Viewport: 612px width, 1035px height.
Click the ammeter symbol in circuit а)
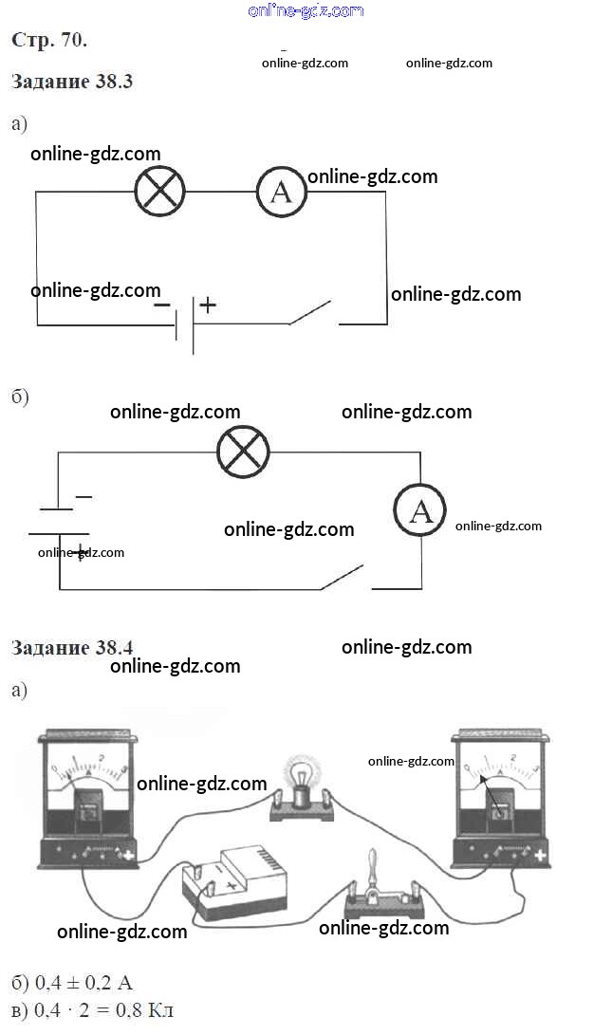coord(282,192)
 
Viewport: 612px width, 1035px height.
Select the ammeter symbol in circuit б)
coord(420,512)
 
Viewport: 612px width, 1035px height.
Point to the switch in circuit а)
coord(311,314)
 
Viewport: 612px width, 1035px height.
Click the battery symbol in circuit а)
coord(185,323)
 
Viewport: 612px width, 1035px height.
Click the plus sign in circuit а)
coord(207,305)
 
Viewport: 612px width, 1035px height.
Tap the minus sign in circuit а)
coord(162,305)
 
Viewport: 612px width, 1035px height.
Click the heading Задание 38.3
coord(72,82)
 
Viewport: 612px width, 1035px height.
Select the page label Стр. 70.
coord(49,40)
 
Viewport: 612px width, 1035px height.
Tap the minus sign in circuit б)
coord(83,496)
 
